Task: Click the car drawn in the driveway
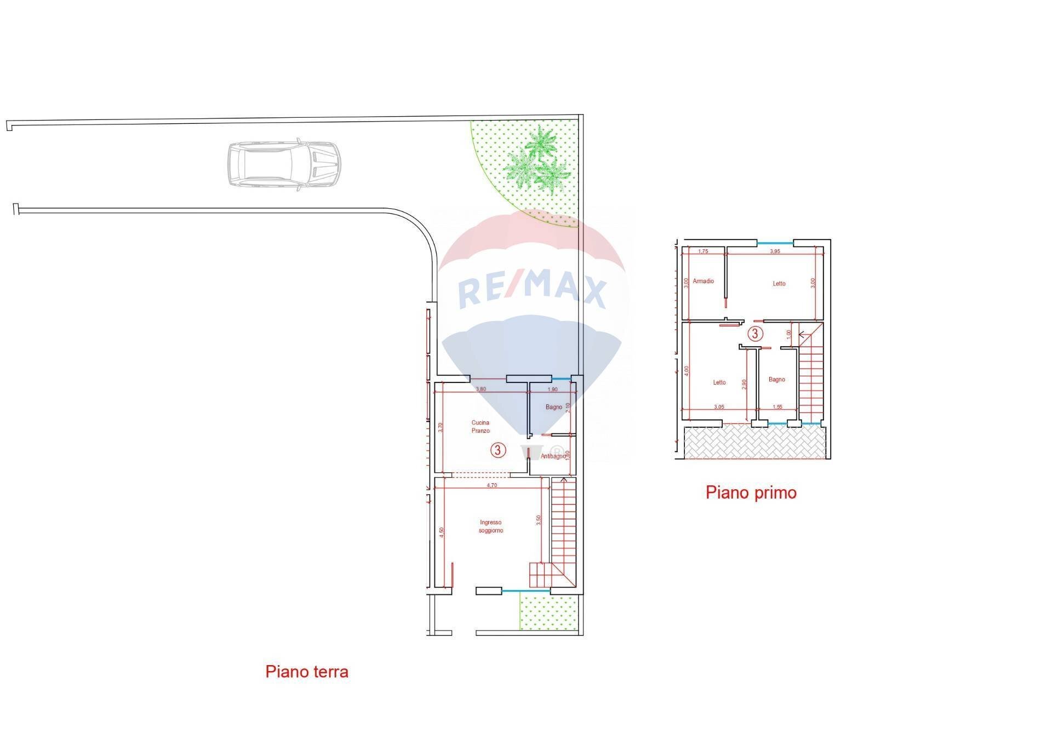pyautogui.click(x=284, y=166)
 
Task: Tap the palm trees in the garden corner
pyautogui.click(x=538, y=161)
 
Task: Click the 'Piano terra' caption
pyautogui.click(x=307, y=672)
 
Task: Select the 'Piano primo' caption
pyautogui.click(x=751, y=493)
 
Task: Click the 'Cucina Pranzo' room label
pyautogui.click(x=481, y=427)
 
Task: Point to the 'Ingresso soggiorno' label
pyautogui.click(x=490, y=526)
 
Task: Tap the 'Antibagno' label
pyautogui.click(x=553, y=456)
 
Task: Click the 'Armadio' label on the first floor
pyautogui.click(x=703, y=281)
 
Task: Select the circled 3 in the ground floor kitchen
pyautogui.click(x=497, y=450)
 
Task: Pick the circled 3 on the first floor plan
pyautogui.click(x=755, y=334)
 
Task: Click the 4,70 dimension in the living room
pyautogui.click(x=492, y=485)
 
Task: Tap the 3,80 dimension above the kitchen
pyautogui.click(x=481, y=389)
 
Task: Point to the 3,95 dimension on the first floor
pyautogui.click(x=775, y=251)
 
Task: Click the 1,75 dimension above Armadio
pyautogui.click(x=703, y=251)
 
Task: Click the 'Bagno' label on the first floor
pyautogui.click(x=776, y=379)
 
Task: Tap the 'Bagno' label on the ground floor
pyautogui.click(x=553, y=407)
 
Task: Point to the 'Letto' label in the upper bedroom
pyautogui.click(x=779, y=284)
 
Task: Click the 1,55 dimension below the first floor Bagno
pyautogui.click(x=777, y=407)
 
